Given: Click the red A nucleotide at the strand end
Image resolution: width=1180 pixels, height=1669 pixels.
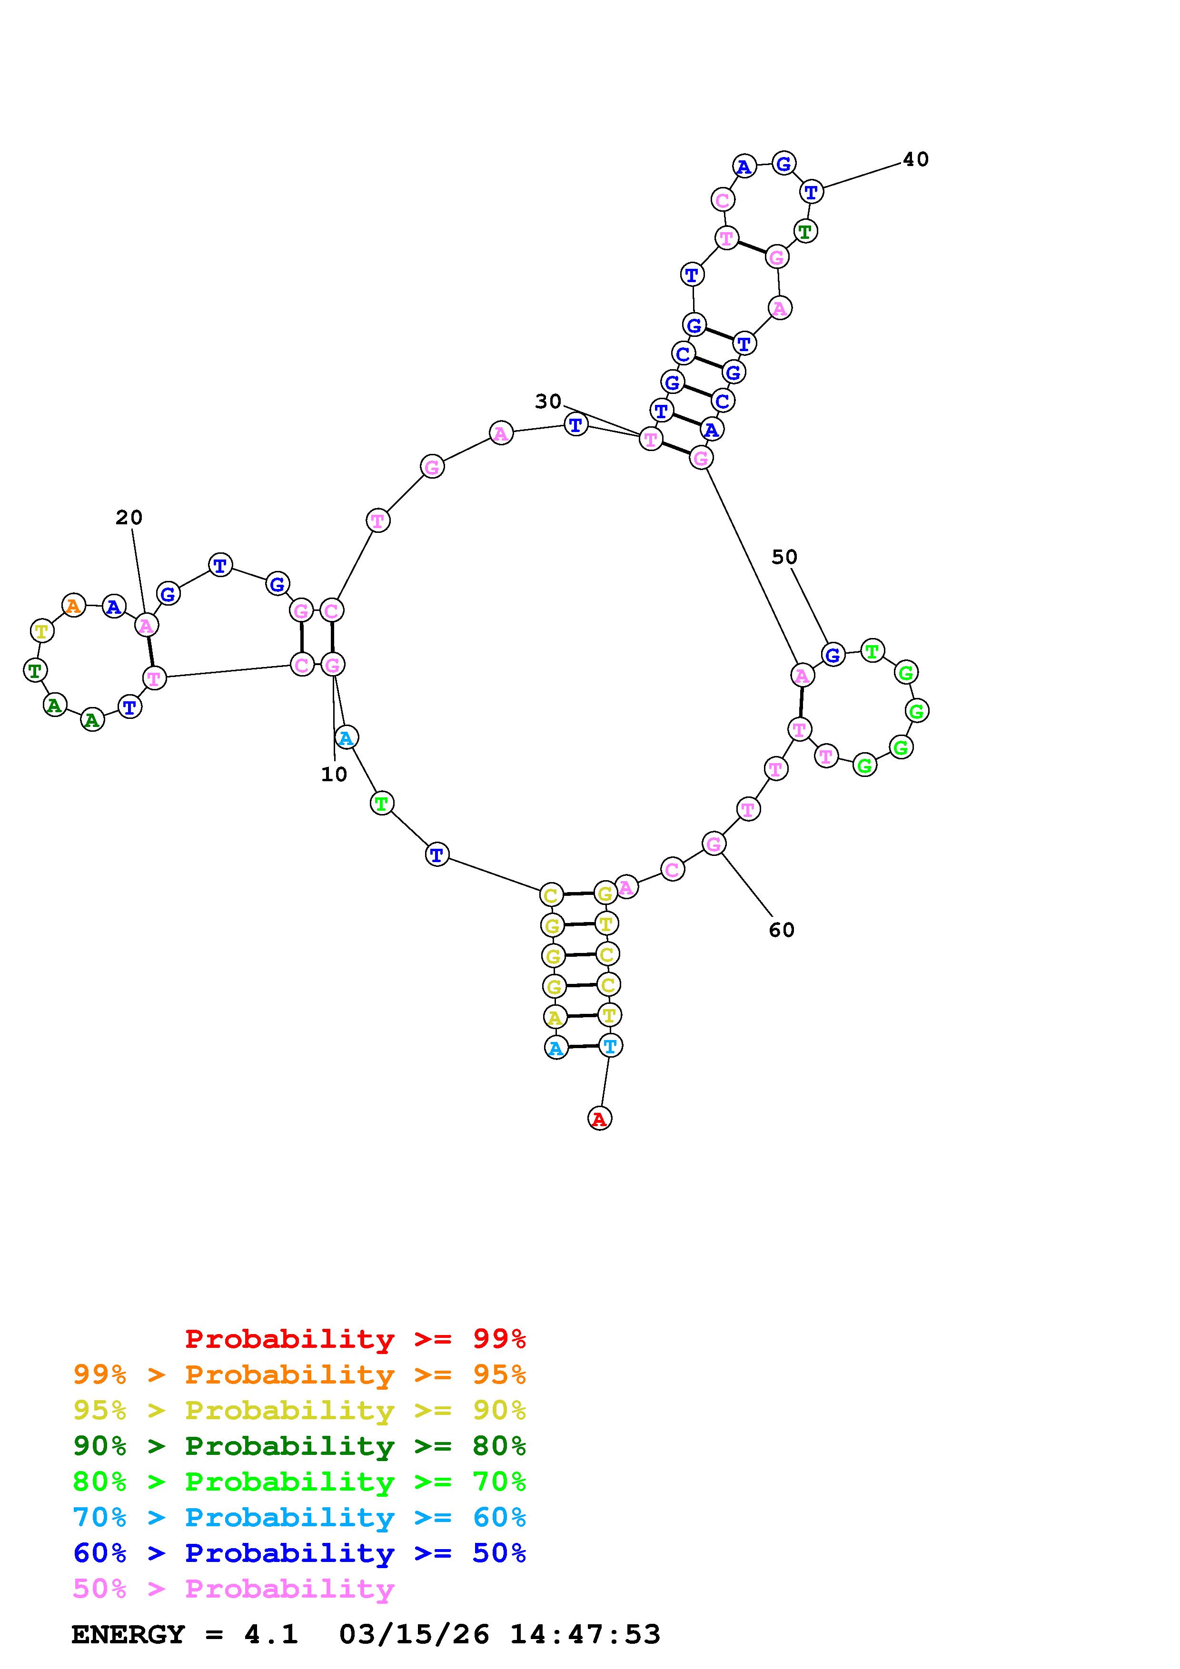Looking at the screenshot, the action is pyautogui.click(x=599, y=1118).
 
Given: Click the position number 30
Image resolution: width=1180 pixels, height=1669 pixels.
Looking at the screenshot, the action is pyautogui.click(x=548, y=401).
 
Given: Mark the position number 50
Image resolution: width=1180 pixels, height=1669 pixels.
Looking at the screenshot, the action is pyautogui.click(x=784, y=557).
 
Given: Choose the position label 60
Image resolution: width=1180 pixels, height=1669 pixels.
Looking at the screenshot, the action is pyautogui.click(x=782, y=930).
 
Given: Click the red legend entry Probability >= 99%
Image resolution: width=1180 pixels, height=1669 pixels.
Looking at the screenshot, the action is pyautogui.click(x=356, y=1339).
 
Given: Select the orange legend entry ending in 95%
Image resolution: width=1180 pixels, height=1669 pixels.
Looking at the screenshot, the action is pyautogui.click(x=299, y=1374).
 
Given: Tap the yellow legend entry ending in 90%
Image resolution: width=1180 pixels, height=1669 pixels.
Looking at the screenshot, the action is pyautogui.click(x=299, y=1410).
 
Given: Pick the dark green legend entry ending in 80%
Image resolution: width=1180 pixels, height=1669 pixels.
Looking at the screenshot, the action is pyautogui.click(x=299, y=1446).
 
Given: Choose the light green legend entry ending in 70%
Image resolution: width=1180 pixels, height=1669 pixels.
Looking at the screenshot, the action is pyautogui.click(x=299, y=1482).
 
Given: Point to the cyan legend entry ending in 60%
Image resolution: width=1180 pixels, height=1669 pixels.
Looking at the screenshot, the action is pyautogui.click(x=299, y=1517).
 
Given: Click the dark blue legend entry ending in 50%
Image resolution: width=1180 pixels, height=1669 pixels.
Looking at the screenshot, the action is pyautogui.click(x=299, y=1553).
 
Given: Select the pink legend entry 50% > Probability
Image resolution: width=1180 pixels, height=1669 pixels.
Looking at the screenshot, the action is pyautogui.click(x=233, y=1588).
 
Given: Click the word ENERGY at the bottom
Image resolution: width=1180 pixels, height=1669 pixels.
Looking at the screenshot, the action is pyautogui.click(x=128, y=1635).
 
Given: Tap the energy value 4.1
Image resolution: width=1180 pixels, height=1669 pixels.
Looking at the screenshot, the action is pyautogui.click(x=271, y=1635).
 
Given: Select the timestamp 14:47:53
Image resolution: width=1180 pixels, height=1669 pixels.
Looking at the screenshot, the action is pyautogui.click(x=585, y=1635).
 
